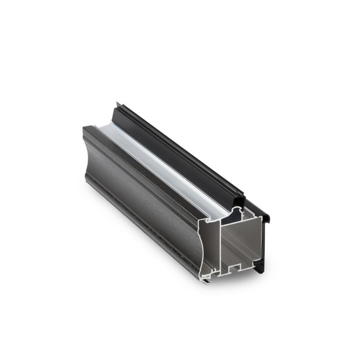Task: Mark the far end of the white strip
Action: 99,127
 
